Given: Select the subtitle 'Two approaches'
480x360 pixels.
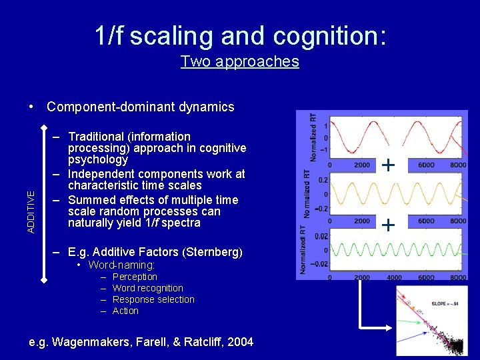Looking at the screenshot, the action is tap(239, 61).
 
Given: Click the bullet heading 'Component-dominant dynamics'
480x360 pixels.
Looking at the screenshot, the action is tap(140, 107).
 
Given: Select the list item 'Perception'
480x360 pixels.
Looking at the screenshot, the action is tap(135, 277).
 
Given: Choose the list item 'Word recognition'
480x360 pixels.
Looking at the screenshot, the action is tap(147, 288).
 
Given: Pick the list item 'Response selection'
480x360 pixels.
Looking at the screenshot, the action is tap(153, 299).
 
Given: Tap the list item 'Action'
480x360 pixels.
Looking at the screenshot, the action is tap(125, 311).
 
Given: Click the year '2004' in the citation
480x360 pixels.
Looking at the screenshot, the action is tap(240, 342).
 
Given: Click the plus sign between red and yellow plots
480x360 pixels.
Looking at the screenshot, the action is tap(388, 165).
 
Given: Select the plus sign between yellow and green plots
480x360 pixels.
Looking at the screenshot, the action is tap(388, 225).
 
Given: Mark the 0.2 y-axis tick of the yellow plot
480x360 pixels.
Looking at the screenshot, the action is tap(321, 180).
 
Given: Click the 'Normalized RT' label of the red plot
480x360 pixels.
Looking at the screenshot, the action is tap(313, 137).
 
